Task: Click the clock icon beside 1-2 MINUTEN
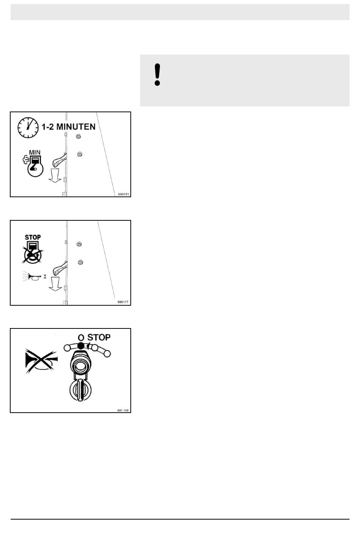click(x=28, y=127)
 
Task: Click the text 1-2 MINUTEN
click(x=69, y=127)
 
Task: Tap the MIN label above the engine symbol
click(x=35, y=152)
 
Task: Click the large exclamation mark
click(x=157, y=74)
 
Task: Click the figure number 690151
click(x=124, y=194)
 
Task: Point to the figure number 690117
click(x=123, y=302)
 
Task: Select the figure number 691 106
click(x=123, y=410)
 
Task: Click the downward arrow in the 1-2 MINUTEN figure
click(x=55, y=176)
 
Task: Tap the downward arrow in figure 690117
click(x=55, y=284)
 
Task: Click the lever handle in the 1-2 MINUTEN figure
click(x=59, y=160)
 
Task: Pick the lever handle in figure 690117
click(x=59, y=269)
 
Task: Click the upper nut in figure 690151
click(x=78, y=137)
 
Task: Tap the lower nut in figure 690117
click(x=80, y=262)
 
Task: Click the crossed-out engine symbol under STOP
click(x=33, y=253)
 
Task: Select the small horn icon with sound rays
click(x=32, y=276)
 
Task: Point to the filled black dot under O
click(x=81, y=346)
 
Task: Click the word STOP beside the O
click(x=99, y=337)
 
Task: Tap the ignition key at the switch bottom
click(x=81, y=390)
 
